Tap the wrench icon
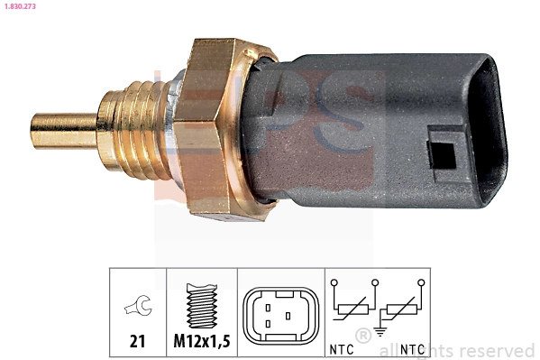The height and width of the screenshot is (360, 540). click(x=138, y=308)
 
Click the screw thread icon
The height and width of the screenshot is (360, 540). click(x=201, y=307)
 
